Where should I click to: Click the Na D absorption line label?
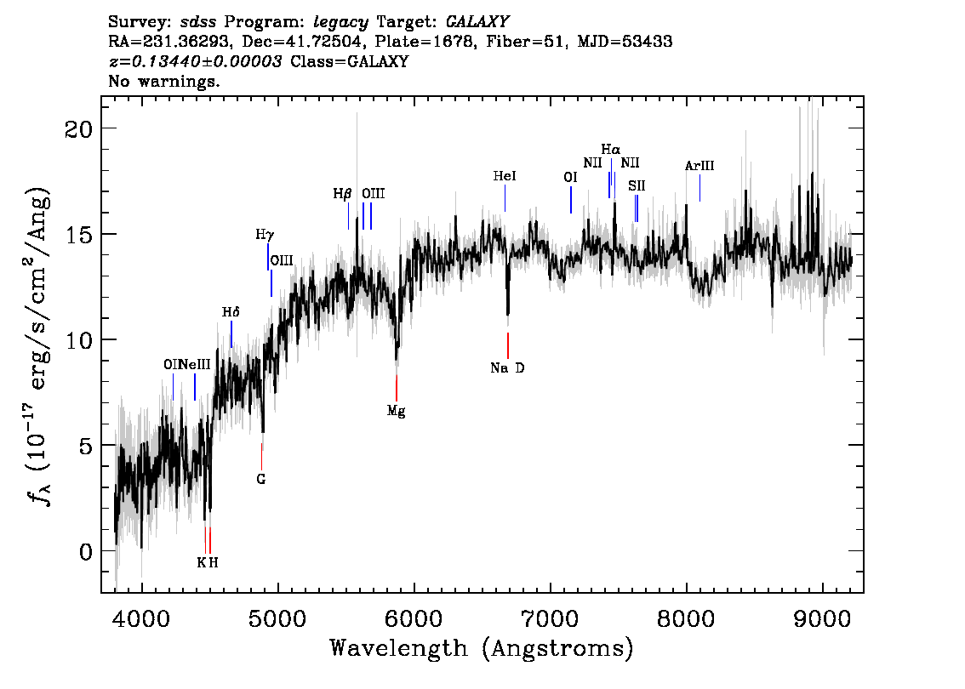tap(507, 368)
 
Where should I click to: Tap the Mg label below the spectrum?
tap(396, 411)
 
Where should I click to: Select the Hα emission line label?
tap(610, 150)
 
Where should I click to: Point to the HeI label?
tap(505, 176)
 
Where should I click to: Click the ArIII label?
tap(699, 166)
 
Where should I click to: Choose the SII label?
tap(637, 185)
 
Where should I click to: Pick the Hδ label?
tap(231, 312)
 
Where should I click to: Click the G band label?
tap(261, 479)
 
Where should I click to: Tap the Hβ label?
tap(342, 194)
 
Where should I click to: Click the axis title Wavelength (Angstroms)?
tap(482, 649)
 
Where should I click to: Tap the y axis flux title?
tap(37, 344)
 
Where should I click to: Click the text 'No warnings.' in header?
tap(164, 82)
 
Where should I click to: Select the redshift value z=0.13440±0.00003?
tap(195, 62)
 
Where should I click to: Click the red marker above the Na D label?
tap(508, 345)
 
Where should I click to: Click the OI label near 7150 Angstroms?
tap(570, 177)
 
